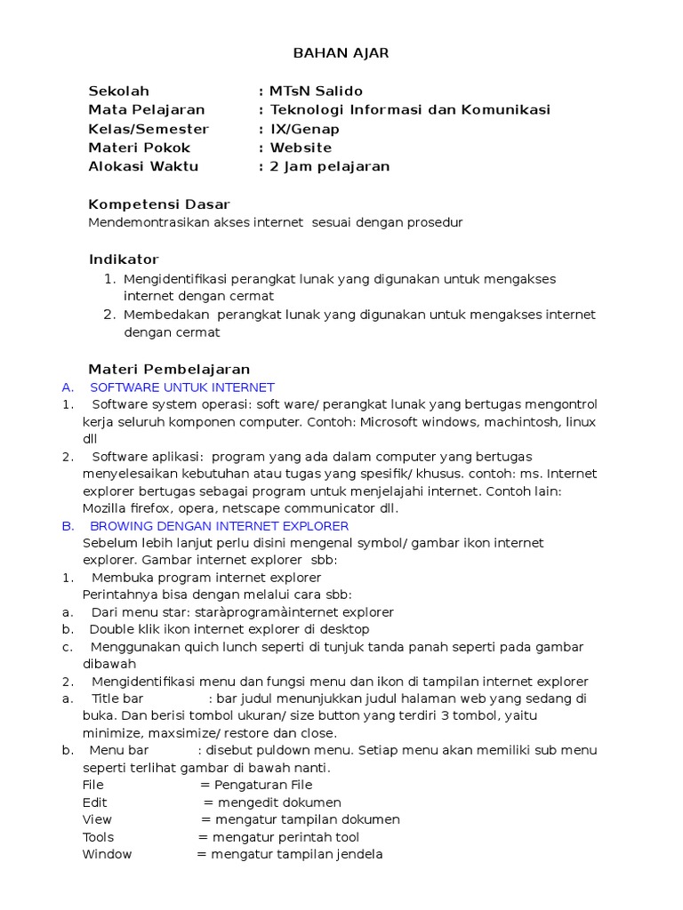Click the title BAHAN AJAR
[341, 53]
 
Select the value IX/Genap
[305, 129]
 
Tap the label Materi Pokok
[139, 148]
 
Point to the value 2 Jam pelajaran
[330, 166]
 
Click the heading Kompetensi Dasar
[159, 204]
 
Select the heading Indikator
[124, 259]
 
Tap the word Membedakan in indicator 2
[166, 315]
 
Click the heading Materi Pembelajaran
[169, 369]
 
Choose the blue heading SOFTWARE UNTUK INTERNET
[182, 387]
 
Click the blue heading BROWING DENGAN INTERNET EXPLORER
[220, 526]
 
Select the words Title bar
[117, 698]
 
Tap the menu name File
[93, 785]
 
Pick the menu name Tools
[98, 837]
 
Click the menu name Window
[107, 854]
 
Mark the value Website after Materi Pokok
[301, 148]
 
